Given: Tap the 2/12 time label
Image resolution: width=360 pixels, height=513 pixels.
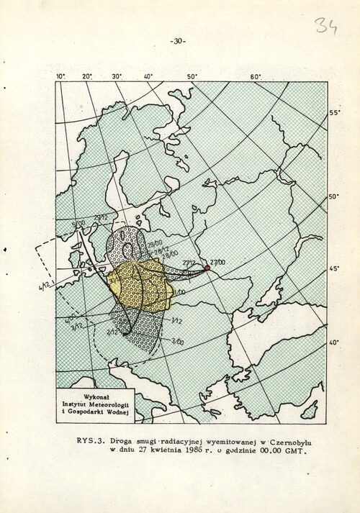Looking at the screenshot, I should tap(112, 333).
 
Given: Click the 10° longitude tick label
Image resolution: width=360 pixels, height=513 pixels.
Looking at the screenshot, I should tap(60, 75).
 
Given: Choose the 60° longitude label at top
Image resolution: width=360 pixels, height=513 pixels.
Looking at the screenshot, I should tap(255, 76).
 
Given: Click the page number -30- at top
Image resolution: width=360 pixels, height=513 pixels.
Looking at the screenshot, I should tap(178, 42).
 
